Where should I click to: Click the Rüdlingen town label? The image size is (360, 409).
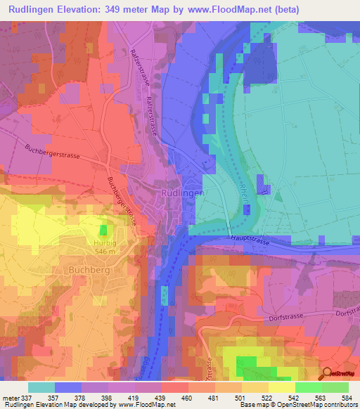tap(183, 193)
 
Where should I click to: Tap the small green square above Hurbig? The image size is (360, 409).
tap(104, 230)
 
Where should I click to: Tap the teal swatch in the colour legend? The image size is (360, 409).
tap(41, 387)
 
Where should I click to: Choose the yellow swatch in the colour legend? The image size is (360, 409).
tap(281, 387)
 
